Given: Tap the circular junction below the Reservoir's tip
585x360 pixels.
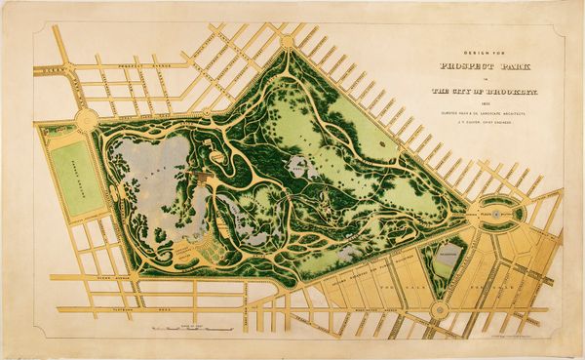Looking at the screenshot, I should click(x=439, y=310).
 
